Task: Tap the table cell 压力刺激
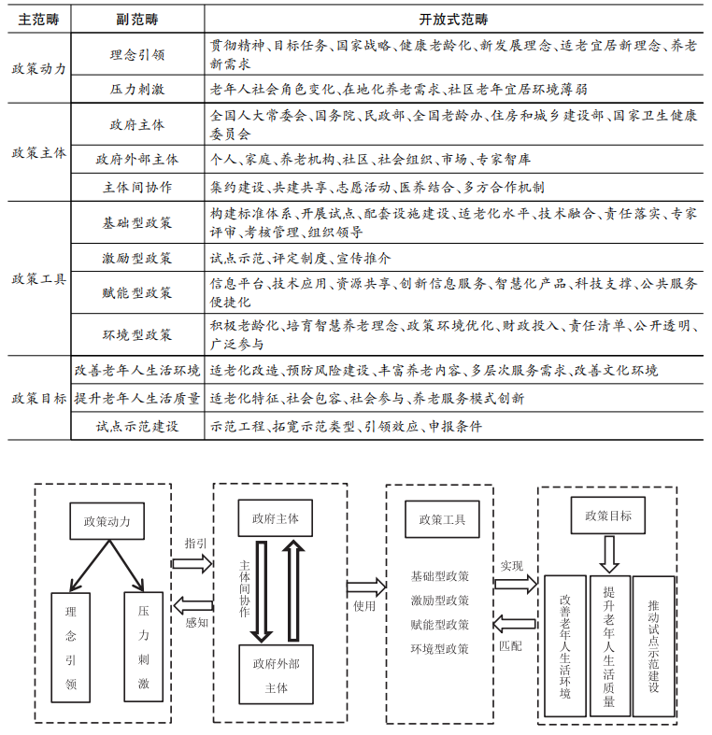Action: coord(136,89)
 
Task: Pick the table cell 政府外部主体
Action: coord(136,159)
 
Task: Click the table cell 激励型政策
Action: coord(136,257)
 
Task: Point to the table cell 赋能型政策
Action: coord(136,292)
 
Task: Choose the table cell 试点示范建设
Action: coord(136,425)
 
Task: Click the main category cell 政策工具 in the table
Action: coord(38,278)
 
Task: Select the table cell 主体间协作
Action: coord(136,186)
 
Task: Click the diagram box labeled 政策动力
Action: coord(107,521)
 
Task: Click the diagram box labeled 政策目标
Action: coord(608,516)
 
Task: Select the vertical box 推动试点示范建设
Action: coord(653,645)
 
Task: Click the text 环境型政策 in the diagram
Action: coord(440,649)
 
